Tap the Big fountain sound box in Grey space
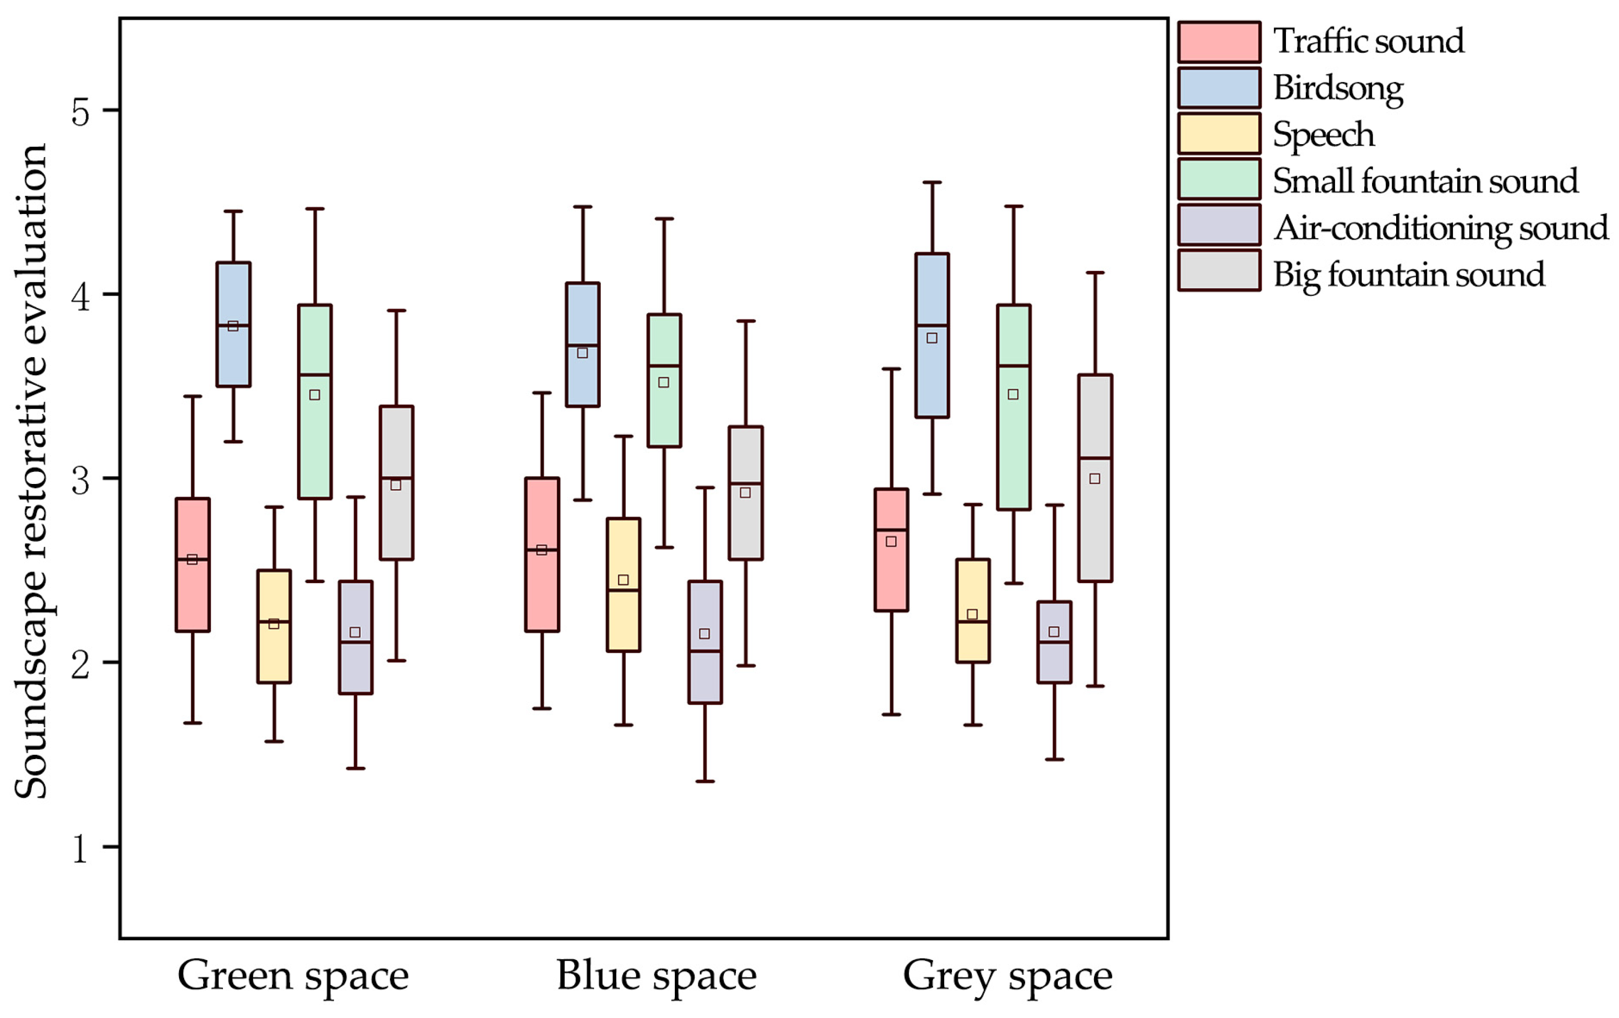coord(1095,477)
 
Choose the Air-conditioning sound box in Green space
coord(355,637)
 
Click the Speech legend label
coord(1323,135)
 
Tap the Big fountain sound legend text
coord(1409,274)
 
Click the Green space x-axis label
coord(293,976)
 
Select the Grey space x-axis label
coord(1007,976)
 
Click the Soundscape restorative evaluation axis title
coord(31,471)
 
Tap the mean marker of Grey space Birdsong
coord(932,338)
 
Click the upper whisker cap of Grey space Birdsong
coord(932,182)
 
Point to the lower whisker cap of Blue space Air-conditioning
coord(705,782)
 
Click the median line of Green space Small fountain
coord(315,374)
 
